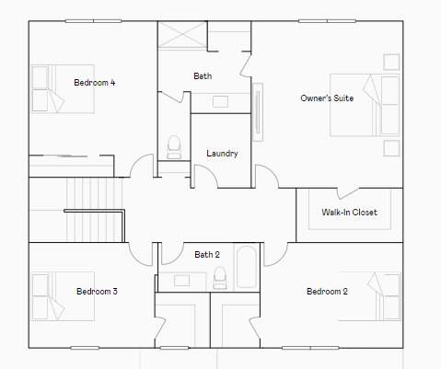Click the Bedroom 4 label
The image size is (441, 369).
pyautogui.click(x=95, y=83)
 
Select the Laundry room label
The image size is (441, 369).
pyautogui.click(x=223, y=154)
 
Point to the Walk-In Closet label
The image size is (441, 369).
pyautogui.click(x=349, y=213)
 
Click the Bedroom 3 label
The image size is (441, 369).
pyautogui.click(x=97, y=292)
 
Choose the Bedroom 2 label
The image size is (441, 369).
pyautogui.click(x=327, y=292)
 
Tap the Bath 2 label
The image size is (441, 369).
pyautogui.click(x=207, y=255)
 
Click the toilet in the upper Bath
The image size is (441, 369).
pyautogui.click(x=174, y=146)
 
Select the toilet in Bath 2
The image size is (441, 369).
pyautogui.click(x=219, y=276)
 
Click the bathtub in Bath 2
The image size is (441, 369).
pyautogui.click(x=248, y=268)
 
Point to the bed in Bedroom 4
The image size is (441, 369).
pyautogui.click(x=62, y=88)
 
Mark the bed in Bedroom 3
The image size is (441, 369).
pyautogui.click(x=63, y=295)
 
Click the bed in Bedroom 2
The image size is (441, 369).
pyautogui.click(x=373, y=295)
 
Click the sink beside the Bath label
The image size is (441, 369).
pyautogui.click(x=222, y=100)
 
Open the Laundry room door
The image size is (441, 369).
pyautogui.click(x=205, y=176)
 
